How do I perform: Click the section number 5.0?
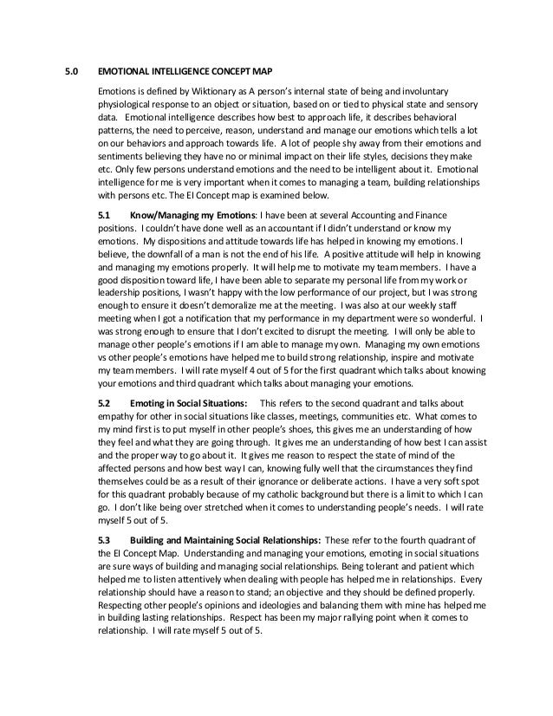click(x=74, y=72)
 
